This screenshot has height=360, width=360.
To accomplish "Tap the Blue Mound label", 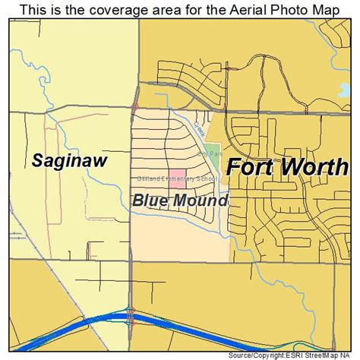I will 179,201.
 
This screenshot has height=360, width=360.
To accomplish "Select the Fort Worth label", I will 286,167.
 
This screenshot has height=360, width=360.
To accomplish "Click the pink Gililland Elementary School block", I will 176,179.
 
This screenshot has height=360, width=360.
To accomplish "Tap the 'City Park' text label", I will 209,153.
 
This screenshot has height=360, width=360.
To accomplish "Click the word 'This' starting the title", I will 32,9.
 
